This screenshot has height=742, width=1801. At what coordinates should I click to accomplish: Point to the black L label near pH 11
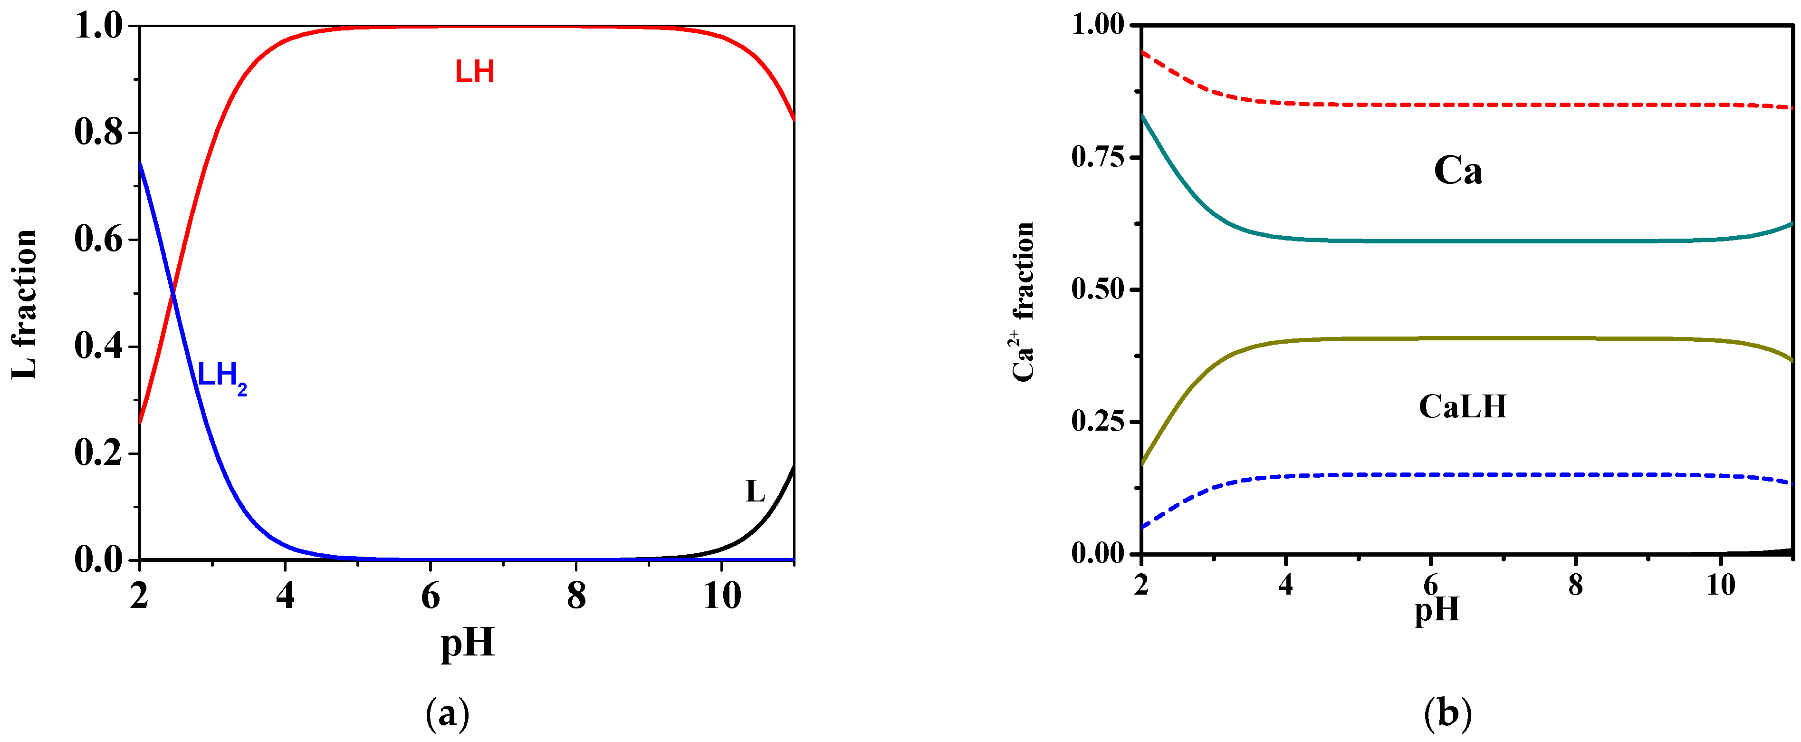click(x=755, y=491)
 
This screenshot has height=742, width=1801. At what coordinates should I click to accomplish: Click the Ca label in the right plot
click(x=1458, y=170)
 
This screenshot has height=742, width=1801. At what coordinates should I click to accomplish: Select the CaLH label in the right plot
click(x=1463, y=406)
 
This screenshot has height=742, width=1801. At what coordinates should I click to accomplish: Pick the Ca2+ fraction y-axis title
click(x=1023, y=302)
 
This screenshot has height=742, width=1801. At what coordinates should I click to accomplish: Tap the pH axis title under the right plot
click(x=1437, y=609)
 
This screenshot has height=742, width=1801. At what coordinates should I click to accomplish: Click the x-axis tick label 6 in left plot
click(x=431, y=596)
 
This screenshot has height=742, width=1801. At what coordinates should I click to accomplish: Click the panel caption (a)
click(x=448, y=714)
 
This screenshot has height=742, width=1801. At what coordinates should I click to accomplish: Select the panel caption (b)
click(x=1447, y=714)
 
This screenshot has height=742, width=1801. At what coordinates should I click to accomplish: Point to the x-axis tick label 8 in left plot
click(x=576, y=596)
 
